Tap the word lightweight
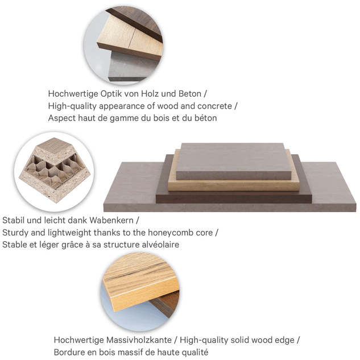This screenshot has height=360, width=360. click(x=69, y=233)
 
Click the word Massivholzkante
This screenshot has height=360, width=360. click(x=139, y=340)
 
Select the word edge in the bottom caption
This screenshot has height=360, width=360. click(x=285, y=340)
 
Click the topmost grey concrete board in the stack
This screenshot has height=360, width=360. click(x=234, y=161)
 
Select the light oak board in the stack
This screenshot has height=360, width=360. click(x=234, y=185)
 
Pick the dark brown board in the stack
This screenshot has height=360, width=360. click(x=234, y=197)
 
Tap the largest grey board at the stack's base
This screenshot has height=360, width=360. click(x=230, y=206)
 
